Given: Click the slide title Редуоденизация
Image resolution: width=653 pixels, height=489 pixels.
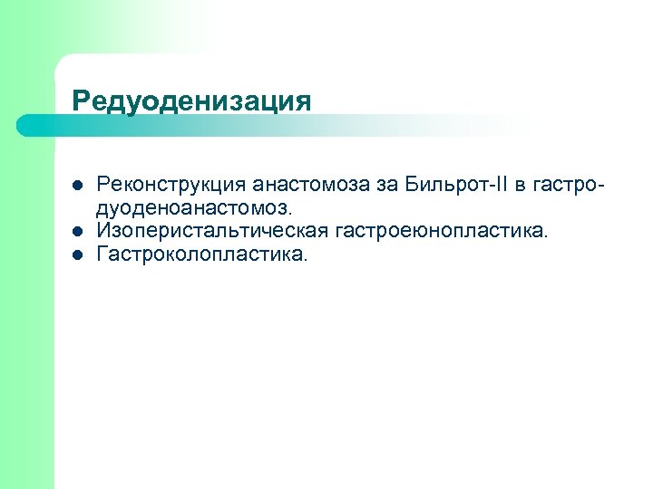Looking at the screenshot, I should (x=191, y=100).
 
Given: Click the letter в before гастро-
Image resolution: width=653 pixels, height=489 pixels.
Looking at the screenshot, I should (x=517, y=187).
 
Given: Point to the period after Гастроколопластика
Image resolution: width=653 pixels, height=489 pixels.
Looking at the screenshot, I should (x=307, y=260).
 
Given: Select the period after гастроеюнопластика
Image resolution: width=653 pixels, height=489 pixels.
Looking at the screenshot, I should (x=546, y=237).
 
